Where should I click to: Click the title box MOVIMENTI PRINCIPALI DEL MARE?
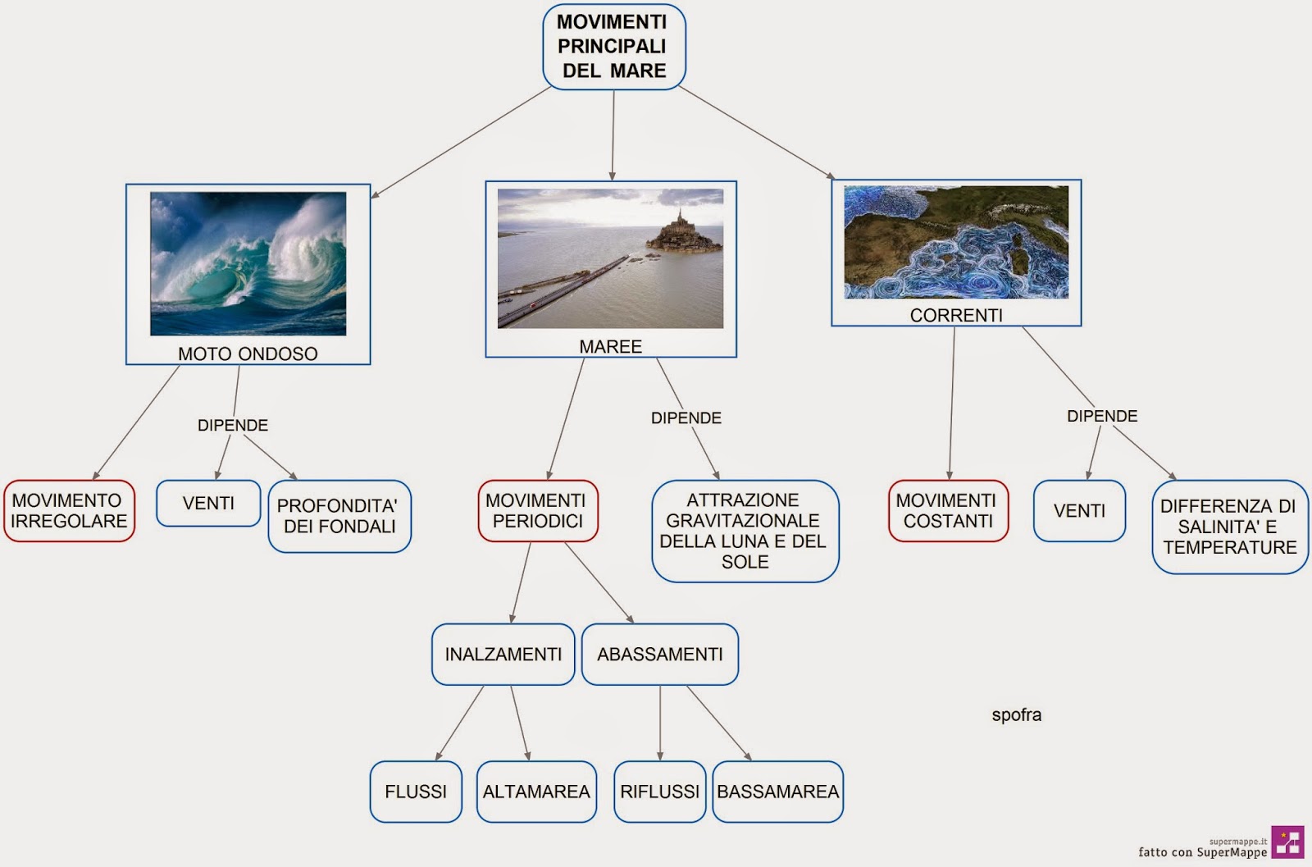613,47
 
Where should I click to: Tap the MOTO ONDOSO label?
248,354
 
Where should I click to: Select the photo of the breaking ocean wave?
248,263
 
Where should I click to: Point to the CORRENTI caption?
956,315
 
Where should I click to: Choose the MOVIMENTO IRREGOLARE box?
69,510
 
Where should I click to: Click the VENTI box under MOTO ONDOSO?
208,503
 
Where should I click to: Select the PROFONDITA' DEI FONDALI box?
339,516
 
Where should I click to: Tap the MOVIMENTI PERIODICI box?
538,510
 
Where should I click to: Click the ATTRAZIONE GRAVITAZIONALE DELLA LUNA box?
745,531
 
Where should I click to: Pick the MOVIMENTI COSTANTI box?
948,510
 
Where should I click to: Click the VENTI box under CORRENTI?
1079,510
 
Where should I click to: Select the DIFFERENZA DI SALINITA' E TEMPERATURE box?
1229,527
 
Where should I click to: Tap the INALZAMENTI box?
503,654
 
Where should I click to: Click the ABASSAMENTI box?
660,654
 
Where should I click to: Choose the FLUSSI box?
416,792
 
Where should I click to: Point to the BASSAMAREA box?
777,792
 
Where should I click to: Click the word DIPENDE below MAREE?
686,418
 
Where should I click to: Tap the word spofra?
1017,714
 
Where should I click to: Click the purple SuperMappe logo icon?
1287,842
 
